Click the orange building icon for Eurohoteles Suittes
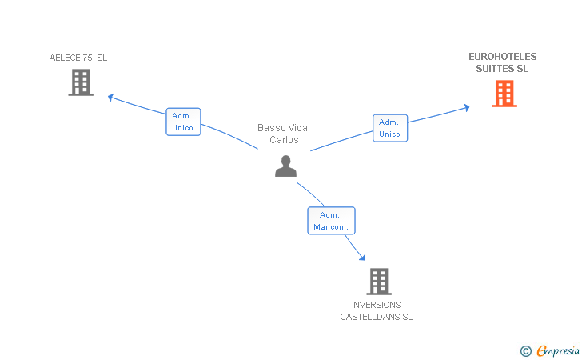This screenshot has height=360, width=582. pos(504,94)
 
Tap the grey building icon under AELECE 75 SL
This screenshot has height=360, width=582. pos(81,82)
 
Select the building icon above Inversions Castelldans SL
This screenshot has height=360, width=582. pos(379,282)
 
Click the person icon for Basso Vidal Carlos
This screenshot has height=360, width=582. pos(286,166)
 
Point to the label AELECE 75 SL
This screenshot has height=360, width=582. pos(78,58)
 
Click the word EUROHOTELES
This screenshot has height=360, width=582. pos(503,57)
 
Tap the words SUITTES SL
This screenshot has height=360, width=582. pos(502,69)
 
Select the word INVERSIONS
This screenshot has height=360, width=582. pos(376,305)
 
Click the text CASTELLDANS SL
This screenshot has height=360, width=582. pos(376,317)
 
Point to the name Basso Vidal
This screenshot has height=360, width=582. pos(284,128)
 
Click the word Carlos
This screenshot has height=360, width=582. pos(284,140)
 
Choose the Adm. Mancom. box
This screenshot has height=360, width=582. pos(332,221)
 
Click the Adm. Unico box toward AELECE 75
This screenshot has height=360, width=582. pos(183,122)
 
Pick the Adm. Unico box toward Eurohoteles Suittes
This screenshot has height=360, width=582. pos(390,128)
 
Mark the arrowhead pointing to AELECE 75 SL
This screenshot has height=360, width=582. pos(110,98)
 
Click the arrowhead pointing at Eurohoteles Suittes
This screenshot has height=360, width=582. pos(467,108)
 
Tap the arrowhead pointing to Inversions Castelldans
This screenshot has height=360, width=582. pos(363,257)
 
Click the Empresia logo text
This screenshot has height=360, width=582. pos(558,350)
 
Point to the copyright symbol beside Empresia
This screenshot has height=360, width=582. pos(526,351)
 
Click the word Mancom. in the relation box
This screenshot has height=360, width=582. pos(331,227)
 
